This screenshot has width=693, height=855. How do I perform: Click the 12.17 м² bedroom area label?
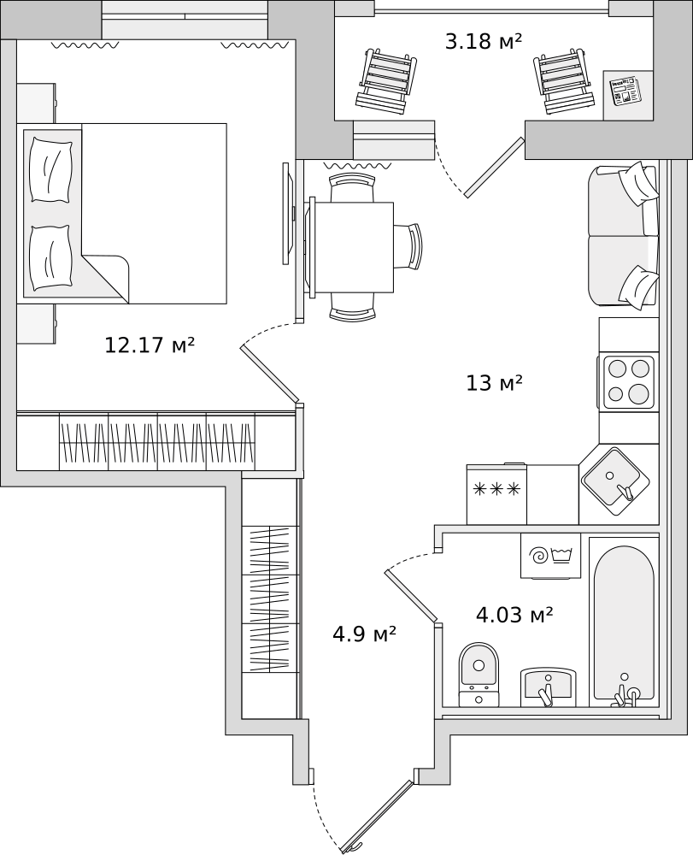coord(150,345)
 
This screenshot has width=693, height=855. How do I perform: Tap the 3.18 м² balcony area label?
coord(484,41)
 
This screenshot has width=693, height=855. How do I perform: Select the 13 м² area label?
coord(494,383)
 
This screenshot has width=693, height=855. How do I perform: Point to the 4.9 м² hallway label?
coord(364,634)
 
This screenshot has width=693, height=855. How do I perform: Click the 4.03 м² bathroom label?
coord(515,616)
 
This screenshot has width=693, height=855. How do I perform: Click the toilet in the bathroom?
coord(479,675)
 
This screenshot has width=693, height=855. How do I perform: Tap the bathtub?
coord(625,622)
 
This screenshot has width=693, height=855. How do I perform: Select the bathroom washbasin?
coord(548,687)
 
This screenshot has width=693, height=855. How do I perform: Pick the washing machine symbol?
coord(551,556)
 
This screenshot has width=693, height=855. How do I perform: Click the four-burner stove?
coord(625,382)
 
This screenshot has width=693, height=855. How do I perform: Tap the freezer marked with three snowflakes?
coord(496,494)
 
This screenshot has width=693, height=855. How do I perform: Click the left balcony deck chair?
coord(387,82)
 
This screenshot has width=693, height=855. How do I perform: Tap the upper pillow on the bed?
coord(51,169)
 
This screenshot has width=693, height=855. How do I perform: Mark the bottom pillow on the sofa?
coord(639,287)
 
